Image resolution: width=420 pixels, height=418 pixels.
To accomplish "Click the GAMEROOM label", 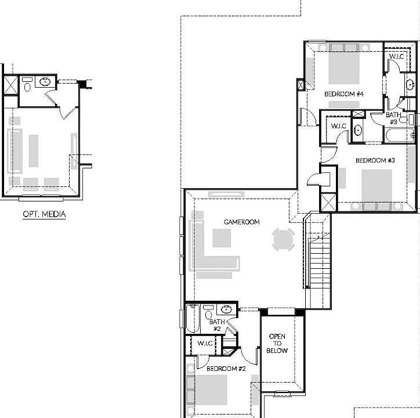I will (x=242, y=222).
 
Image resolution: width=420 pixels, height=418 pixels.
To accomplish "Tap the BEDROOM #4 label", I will (x=343, y=94).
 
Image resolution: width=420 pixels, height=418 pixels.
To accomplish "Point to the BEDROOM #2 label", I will (x=227, y=369).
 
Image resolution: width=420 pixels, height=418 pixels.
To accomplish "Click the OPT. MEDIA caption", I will (x=44, y=214).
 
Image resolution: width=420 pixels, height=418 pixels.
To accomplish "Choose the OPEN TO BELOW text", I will (x=277, y=344).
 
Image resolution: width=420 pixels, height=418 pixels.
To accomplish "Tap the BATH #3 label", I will (x=393, y=118).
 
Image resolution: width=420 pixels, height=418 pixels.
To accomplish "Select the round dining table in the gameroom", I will (x=284, y=239).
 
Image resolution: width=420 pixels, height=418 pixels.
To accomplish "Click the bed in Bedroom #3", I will (x=377, y=185).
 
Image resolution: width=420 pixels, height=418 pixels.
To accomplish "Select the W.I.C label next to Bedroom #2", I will (x=206, y=343).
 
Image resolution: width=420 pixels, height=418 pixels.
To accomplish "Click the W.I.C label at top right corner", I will (x=397, y=56).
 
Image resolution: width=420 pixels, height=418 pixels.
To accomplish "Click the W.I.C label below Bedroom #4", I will (x=339, y=126).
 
